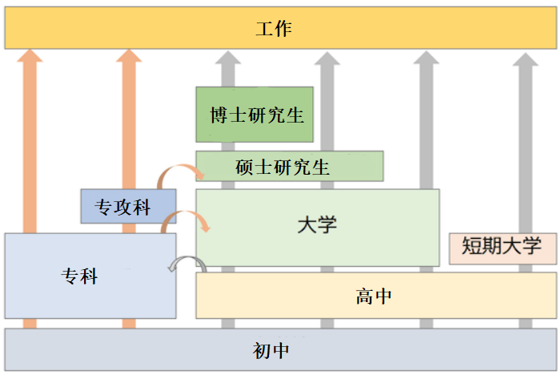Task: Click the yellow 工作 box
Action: click(279, 30)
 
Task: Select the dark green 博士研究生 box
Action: click(255, 115)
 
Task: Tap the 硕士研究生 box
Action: click(290, 167)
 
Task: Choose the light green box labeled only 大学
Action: click(318, 227)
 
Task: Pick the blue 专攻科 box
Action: click(128, 207)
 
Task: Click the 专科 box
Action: click(90, 276)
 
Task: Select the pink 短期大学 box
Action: click(502, 248)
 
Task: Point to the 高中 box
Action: click(375, 296)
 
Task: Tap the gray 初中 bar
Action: click(279, 349)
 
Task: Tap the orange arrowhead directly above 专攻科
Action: click(128, 56)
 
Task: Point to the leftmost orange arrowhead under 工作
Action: click(30, 56)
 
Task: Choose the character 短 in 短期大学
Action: click(472, 247)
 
